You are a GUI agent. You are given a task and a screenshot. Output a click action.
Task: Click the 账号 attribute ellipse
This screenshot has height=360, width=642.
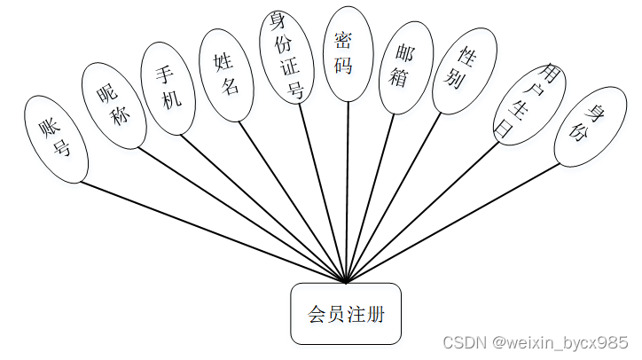[57, 140]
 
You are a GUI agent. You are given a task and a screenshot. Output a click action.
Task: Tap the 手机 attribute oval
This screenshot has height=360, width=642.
[168, 89]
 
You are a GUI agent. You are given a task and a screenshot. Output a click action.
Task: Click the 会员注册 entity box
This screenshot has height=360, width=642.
[346, 313]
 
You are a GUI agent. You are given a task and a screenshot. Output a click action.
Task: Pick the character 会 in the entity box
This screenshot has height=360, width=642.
[317, 314]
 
